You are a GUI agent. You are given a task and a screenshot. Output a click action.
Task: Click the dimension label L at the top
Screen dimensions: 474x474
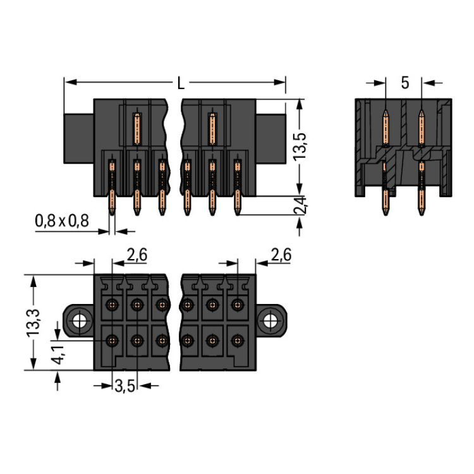181,83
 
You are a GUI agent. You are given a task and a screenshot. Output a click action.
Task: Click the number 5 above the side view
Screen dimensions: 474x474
404,83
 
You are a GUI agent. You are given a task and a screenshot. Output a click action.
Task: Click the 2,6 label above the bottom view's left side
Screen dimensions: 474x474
137,255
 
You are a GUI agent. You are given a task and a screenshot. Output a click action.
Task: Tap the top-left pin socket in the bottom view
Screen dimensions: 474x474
112,305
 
